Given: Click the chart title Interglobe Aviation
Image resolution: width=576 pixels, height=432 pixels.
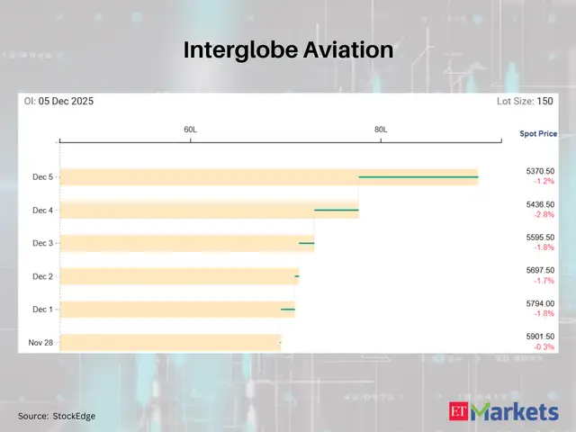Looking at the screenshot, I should pyautogui.click(x=288, y=50).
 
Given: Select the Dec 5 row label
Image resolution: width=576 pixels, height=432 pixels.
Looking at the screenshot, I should pyautogui.click(x=42, y=177).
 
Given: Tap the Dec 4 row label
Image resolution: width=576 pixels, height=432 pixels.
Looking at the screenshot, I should pyautogui.click(x=42, y=211).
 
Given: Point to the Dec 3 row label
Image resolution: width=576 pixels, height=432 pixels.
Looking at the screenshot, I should pyautogui.click(x=42, y=243).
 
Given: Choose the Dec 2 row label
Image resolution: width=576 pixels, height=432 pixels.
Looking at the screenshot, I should pyautogui.click(x=42, y=276).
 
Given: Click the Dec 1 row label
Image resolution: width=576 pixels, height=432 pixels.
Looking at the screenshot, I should pyautogui.click(x=42, y=310).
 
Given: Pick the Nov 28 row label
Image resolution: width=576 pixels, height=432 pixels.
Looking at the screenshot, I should pyautogui.click(x=40, y=343).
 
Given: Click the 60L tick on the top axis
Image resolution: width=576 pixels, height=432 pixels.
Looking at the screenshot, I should pyautogui.click(x=191, y=130).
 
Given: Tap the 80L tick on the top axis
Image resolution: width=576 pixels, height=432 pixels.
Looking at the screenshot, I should pyautogui.click(x=381, y=130).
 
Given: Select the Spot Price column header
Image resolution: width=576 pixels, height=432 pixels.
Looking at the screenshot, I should pyautogui.click(x=537, y=134).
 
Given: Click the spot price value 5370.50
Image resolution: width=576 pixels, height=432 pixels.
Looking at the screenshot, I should pyautogui.click(x=540, y=170).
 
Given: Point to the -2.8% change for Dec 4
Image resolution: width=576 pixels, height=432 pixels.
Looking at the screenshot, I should pyautogui.click(x=544, y=215).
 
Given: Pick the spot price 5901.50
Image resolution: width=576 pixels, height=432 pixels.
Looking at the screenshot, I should pyautogui.click(x=540, y=337).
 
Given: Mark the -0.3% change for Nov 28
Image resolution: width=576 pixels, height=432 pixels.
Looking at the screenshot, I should pyautogui.click(x=544, y=347).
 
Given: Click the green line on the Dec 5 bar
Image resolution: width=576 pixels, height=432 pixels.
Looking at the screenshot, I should pyautogui.click(x=418, y=177).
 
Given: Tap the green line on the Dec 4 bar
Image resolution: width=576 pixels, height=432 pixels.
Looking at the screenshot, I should pyautogui.click(x=336, y=211).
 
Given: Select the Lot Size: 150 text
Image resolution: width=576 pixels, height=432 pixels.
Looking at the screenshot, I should pyautogui.click(x=525, y=102).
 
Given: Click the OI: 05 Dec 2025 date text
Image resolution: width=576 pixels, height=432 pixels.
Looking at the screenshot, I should pyautogui.click(x=58, y=102).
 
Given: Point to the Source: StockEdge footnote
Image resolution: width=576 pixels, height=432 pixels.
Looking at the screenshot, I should pyautogui.click(x=57, y=416).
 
